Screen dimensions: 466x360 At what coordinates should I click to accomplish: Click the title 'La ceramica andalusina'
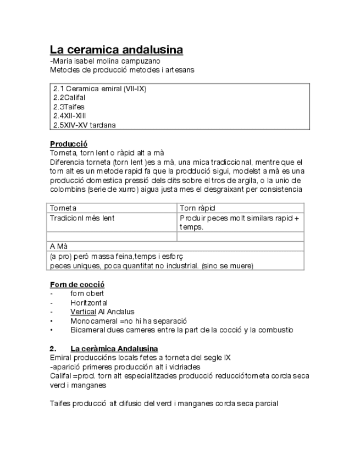[x=116, y=50]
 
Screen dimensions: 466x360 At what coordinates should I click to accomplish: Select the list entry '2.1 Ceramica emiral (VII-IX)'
[x=99, y=88]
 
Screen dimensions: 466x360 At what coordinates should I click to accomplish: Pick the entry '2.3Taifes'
[x=69, y=107]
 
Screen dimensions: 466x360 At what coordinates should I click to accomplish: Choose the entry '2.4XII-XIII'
[x=70, y=115]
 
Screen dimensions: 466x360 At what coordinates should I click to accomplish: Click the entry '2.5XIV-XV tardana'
[x=84, y=125]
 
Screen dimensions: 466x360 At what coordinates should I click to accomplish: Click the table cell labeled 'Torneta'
[x=63, y=208]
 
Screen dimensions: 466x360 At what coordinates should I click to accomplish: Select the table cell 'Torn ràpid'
[x=197, y=208]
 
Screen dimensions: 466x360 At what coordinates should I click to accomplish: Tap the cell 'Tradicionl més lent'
[x=82, y=218]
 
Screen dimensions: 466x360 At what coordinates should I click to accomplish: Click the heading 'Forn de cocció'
[x=77, y=284]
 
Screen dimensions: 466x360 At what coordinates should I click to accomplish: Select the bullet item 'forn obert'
[x=87, y=293]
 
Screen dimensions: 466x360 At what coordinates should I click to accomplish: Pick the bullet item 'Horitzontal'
[x=88, y=303]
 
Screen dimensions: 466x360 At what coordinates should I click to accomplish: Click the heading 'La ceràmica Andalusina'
[x=114, y=348]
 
